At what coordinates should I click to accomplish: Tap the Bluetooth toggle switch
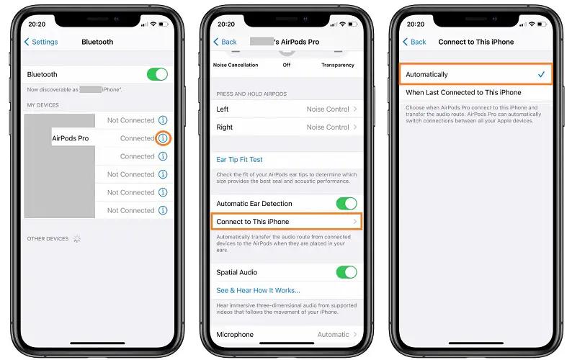[157, 74]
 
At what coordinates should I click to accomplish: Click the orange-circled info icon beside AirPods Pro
[163, 138]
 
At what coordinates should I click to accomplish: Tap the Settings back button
[41, 42]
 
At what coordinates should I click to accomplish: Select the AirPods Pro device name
[71, 138]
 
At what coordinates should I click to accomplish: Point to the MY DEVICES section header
[43, 105]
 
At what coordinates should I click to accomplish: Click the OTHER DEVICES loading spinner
[77, 238]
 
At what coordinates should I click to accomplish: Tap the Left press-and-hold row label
[223, 109]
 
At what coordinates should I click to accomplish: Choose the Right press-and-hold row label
[225, 127]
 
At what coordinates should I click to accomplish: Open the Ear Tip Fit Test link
[239, 159]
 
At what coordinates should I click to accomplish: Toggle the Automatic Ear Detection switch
[347, 204]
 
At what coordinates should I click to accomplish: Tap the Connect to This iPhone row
[287, 222]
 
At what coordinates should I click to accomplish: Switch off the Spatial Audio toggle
[347, 272]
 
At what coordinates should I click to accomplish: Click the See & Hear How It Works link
[258, 290]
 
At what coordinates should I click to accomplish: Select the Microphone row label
[235, 334]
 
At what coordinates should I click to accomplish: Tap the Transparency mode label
[338, 65]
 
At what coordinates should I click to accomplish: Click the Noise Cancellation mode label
[236, 65]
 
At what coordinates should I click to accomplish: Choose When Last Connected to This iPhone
[463, 92]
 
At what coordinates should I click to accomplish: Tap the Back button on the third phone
[414, 42]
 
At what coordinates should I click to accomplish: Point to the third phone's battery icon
[542, 24]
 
